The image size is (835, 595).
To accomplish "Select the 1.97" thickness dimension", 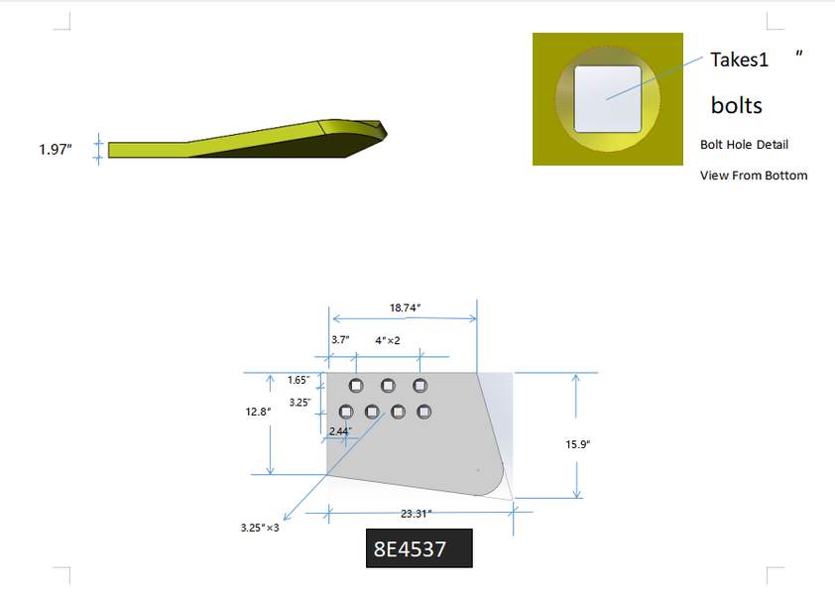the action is point(56,150).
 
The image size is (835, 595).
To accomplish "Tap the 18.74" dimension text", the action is point(406,307).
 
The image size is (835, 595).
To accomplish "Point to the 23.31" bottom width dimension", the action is point(416,514).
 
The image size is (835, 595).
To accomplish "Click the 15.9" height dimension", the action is point(578,444).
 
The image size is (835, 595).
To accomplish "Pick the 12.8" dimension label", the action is point(258,412).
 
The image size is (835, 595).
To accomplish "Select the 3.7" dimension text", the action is point(340,340).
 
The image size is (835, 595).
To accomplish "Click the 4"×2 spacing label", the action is point(388,340).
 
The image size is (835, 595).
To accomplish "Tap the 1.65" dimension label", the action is point(298,380).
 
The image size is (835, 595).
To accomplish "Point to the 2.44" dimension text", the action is point(341,431).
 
